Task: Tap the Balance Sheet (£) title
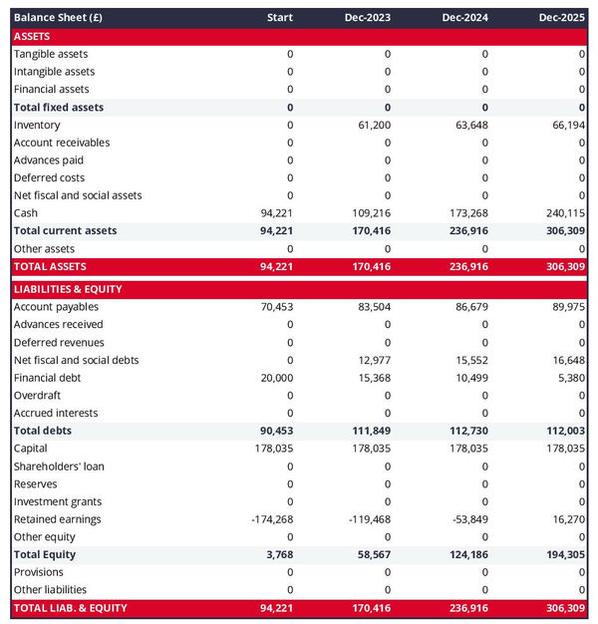point(59,17)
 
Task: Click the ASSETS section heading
point(33,36)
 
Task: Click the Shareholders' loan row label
point(59,467)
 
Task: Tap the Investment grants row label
point(58,501)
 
